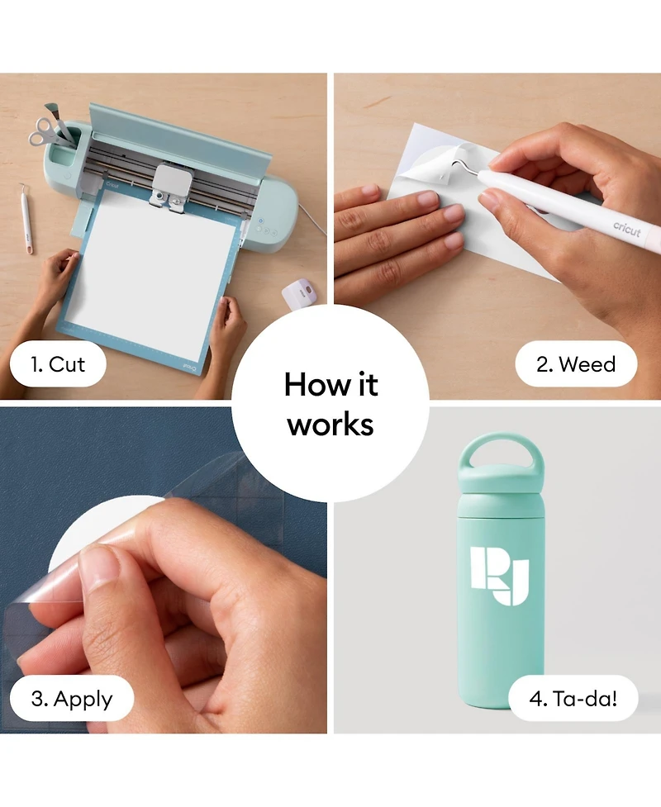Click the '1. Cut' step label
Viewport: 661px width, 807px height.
58,364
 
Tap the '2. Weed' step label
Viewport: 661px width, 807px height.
576,364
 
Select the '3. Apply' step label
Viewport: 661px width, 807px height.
72,699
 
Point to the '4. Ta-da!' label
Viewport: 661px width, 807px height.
573,699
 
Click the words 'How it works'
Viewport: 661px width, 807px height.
330,404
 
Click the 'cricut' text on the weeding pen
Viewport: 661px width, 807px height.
626,229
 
